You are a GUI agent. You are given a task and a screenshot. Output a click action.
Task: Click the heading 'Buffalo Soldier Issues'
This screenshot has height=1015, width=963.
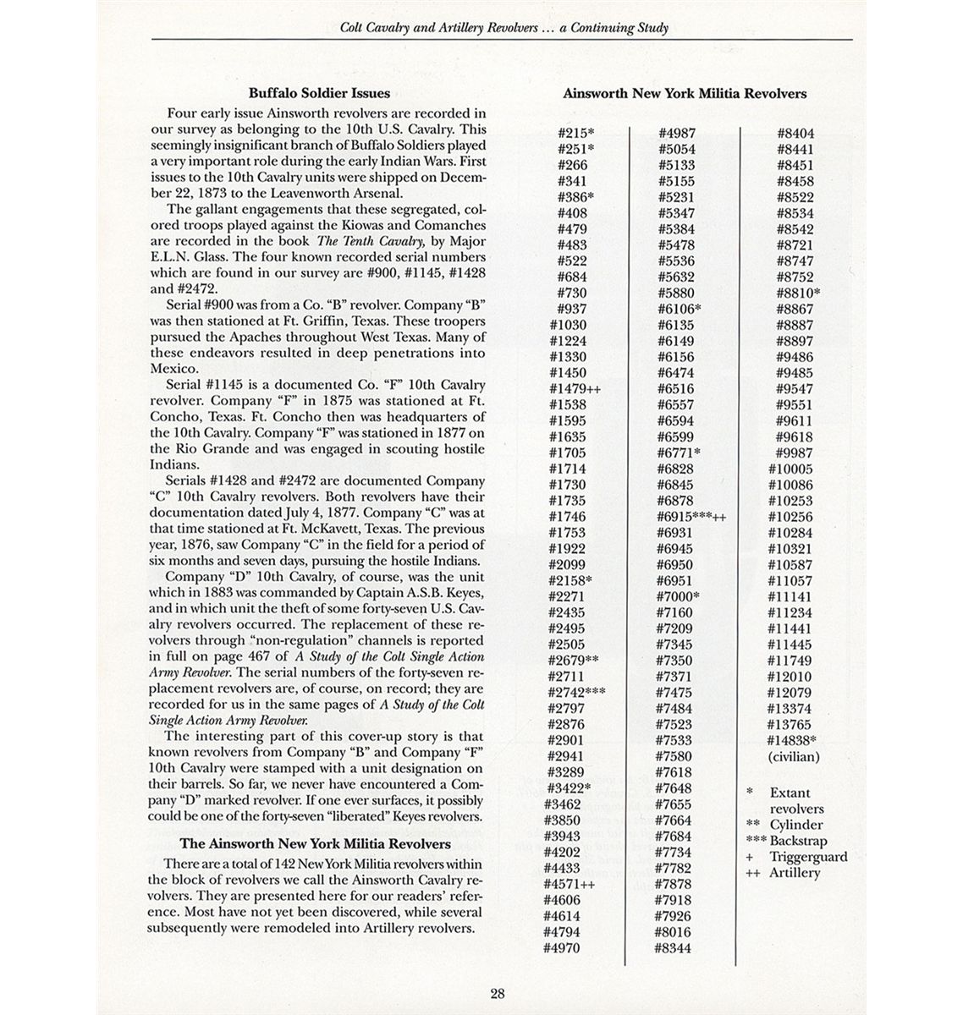coord(319,94)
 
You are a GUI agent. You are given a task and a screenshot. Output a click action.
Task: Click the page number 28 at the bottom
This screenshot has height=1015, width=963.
coord(498,995)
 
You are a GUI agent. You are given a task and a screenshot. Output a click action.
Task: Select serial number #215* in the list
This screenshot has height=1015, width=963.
coord(576,134)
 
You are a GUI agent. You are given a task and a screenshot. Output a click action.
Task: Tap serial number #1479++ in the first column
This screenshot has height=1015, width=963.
coord(580,389)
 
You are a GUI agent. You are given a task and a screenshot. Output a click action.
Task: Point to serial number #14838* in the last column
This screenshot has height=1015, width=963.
coord(795,741)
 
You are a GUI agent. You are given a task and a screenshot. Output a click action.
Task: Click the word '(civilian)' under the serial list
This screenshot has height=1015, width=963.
coord(794,757)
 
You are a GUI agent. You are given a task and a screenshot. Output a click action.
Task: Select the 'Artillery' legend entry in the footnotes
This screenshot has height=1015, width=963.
coord(795,873)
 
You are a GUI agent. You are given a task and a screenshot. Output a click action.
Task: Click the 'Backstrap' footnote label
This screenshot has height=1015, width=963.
coord(798,841)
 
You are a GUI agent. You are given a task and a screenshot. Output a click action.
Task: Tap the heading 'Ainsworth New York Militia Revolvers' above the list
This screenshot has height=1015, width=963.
coord(685,94)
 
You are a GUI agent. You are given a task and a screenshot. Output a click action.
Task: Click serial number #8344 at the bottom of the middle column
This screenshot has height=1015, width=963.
coord(673,948)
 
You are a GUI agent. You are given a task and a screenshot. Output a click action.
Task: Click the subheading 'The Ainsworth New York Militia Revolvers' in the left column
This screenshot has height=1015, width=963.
coord(315,844)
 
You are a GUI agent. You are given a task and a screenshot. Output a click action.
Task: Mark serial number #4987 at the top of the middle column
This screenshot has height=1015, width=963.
coord(676,134)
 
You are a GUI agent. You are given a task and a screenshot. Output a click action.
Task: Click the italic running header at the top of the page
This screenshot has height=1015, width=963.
coord(504,28)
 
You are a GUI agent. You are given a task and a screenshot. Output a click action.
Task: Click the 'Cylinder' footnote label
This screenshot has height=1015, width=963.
coord(795,825)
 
